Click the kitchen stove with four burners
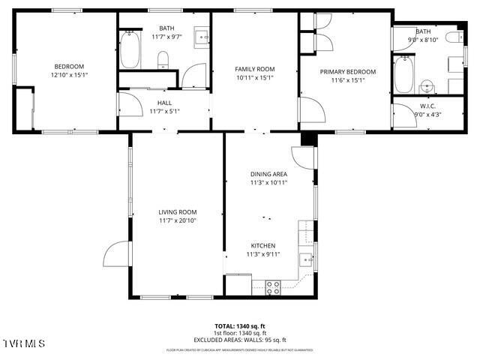tap(273, 286)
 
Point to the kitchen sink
tap(306, 259)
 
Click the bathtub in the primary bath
tap(403, 75)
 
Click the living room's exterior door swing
tap(115, 254)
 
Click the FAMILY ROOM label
tap(254, 69)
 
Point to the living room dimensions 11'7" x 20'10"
tap(177, 221)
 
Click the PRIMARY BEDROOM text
tap(347, 72)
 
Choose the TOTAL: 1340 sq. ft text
tap(240, 326)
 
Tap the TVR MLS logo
tap(24, 343)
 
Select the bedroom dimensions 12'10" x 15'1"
tap(70, 75)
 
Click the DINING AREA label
tap(268, 174)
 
